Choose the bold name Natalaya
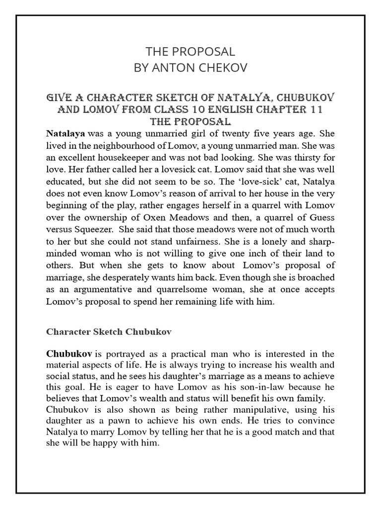pos(65,133)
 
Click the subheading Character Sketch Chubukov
pos(109,332)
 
